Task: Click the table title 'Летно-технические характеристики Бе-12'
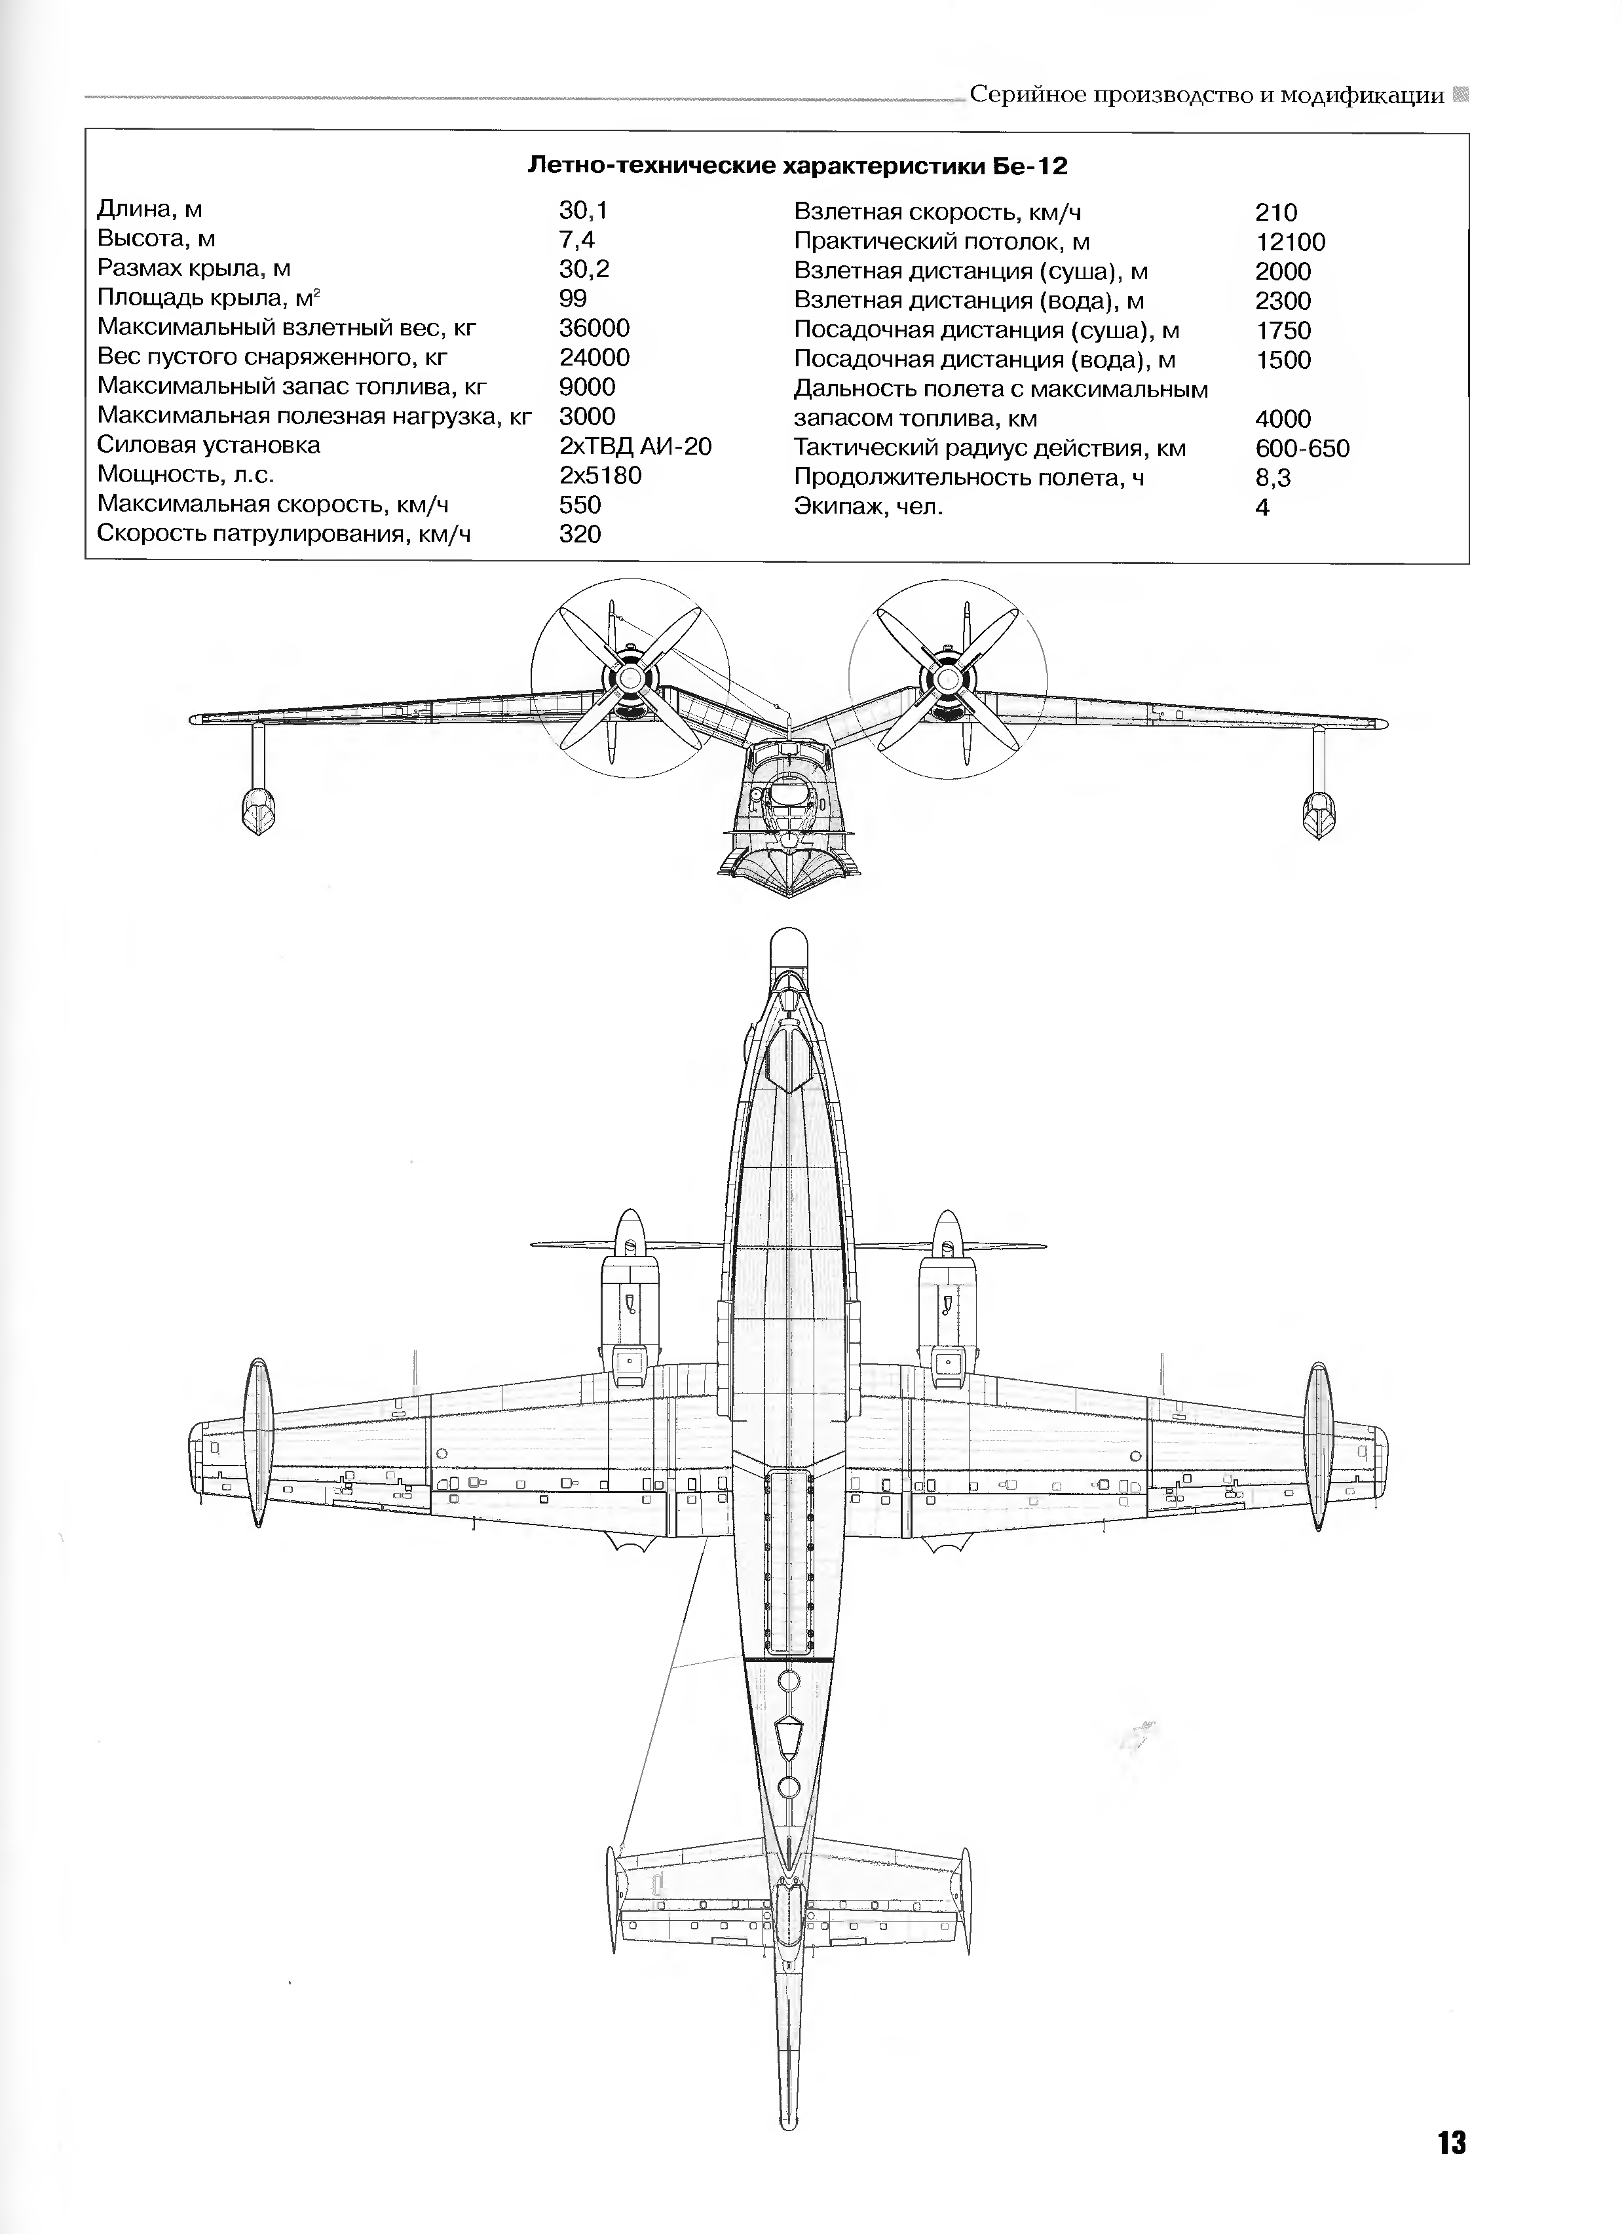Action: click(798, 166)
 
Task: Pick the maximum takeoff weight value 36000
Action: click(594, 328)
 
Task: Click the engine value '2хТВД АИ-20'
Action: click(635, 446)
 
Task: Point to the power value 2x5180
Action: click(600, 476)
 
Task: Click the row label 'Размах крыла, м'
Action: click(194, 269)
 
